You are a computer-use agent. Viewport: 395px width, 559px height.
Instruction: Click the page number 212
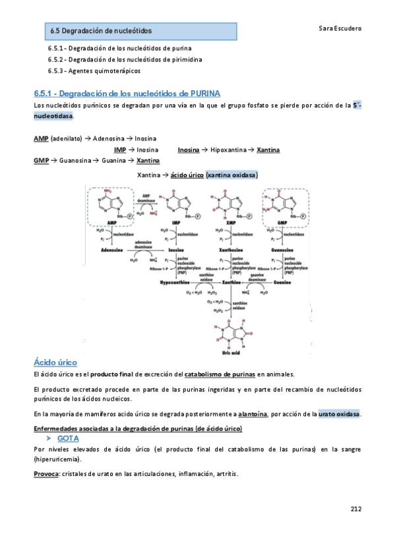coord(356,508)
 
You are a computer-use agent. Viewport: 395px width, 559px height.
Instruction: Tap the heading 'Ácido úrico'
coord(55,362)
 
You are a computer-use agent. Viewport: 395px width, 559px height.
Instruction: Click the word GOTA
coord(69,438)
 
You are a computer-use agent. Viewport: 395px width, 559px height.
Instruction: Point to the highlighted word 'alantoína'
coord(253,414)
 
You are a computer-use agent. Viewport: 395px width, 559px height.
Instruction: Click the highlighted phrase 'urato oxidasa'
coord(338,414)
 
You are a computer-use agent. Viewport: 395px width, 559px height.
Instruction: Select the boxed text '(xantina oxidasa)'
coord(231,175)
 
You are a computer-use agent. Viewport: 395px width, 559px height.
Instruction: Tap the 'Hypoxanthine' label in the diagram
coord(175,282)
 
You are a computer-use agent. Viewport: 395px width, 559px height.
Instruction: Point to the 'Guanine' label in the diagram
coord(284,282)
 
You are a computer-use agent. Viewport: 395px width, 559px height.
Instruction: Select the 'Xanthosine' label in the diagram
coord(227,250)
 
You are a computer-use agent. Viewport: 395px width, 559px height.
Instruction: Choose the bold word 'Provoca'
coord(45,475)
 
